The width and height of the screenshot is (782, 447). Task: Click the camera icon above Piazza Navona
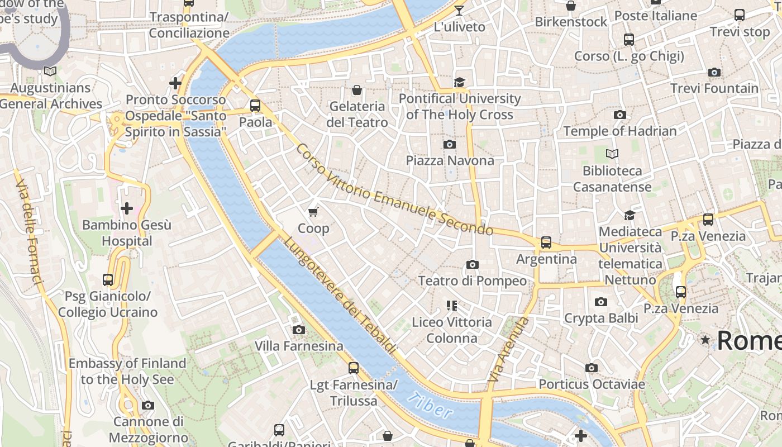449,145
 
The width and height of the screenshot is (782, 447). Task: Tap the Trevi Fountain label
714,88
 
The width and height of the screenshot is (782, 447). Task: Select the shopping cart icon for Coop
313,212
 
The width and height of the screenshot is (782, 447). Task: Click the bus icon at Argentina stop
546,242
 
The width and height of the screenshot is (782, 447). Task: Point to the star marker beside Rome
705,340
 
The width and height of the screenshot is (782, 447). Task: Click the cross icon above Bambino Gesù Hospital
127,209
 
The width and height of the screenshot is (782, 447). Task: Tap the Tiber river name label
430,406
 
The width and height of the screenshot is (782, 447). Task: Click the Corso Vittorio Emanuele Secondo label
394,190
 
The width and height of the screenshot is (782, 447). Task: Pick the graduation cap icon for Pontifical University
459,83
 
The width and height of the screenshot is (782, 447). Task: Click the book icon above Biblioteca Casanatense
612,154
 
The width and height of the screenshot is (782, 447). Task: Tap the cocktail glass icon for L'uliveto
459,10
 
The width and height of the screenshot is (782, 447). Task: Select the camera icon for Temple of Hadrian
619,115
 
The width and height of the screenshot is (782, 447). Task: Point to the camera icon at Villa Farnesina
299,330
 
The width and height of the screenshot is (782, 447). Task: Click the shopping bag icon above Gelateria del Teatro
356,89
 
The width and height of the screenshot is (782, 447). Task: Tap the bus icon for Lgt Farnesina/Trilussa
353,368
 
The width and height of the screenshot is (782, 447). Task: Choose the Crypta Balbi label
601,318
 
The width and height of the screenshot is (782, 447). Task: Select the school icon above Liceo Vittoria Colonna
452,306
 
